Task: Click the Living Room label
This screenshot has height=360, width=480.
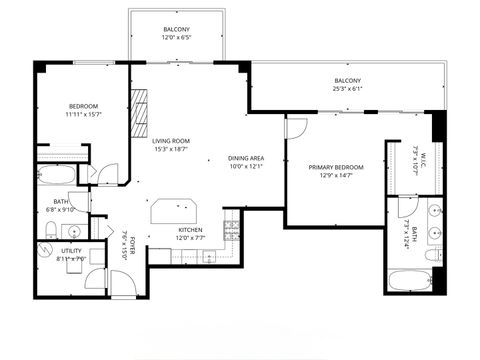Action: point(171,141)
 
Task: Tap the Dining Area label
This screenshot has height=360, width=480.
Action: point(245,157)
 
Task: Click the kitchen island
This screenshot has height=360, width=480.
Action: point(174,211)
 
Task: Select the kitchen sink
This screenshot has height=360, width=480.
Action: point(209,256)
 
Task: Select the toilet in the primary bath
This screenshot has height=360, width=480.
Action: point(432,254)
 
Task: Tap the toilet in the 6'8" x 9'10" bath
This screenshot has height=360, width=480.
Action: point(52,232)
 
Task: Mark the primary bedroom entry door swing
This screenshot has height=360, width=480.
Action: point(296,129)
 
